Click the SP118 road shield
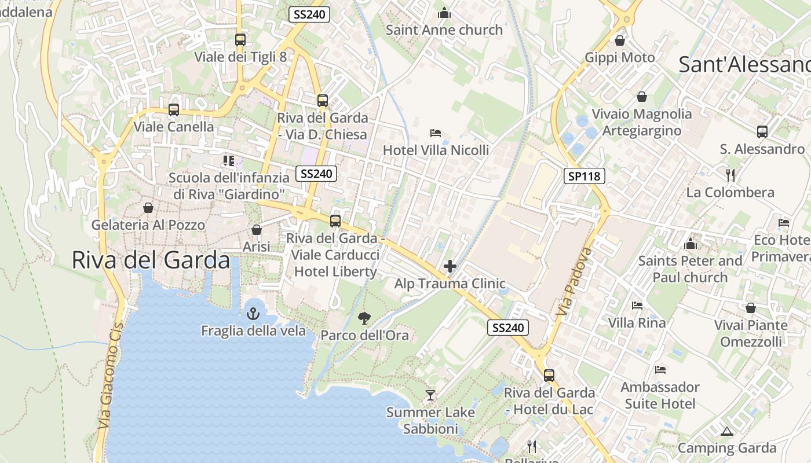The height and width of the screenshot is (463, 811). pos(584,176)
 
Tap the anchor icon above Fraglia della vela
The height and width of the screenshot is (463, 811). pos(253,314)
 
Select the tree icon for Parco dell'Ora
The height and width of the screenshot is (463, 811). pos(364,318)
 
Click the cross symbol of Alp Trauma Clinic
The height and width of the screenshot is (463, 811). pos(450,266)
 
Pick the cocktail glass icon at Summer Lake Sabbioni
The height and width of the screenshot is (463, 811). pos(430,395)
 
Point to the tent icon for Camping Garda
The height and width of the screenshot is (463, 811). pos(726,431)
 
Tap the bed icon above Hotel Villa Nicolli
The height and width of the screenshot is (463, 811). pos(436,133)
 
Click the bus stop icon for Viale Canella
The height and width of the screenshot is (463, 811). pos(173,109)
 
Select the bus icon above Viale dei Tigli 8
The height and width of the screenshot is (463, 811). pos(240,40)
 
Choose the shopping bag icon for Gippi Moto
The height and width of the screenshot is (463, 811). pos(619,41)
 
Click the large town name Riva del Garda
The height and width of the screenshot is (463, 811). pos(151,260)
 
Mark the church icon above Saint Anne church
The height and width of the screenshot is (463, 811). pos(444,13)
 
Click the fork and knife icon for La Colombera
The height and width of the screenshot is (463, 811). pos(730,175)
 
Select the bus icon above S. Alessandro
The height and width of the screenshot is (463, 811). pos(762,132)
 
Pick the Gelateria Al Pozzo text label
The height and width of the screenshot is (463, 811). pos(148,225)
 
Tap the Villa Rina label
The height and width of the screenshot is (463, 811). pos(637,322)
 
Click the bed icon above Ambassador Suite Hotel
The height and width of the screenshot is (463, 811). pos(660,370)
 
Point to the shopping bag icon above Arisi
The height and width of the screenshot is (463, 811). pos(257,230)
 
